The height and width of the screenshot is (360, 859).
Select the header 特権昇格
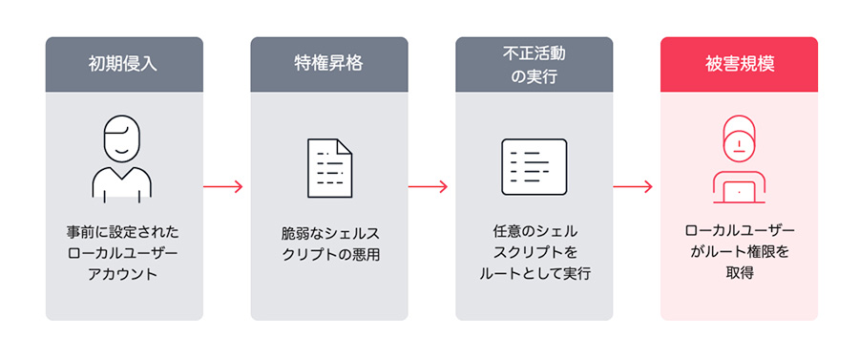coord(328,64)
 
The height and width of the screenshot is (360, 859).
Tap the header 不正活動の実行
coord(534,64)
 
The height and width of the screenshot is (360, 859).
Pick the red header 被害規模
coord(739,64)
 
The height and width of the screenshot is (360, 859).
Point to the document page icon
coord(328,168)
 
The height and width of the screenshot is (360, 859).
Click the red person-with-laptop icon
coord(739,159)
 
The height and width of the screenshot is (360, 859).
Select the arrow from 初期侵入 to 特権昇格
coord(225,186)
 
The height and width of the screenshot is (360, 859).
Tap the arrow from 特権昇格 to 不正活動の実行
coord(430,186)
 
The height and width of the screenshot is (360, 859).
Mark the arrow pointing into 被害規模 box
coord(636,186)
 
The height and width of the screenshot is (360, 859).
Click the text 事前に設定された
coord(123,232)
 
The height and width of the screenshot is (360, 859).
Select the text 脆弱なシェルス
coord(328,232)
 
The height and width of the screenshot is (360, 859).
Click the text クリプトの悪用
coord(328,253)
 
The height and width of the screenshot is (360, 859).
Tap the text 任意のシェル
coord(534,232)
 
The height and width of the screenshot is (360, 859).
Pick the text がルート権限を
coord(739,253)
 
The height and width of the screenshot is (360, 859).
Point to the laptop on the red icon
coord(739,190)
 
